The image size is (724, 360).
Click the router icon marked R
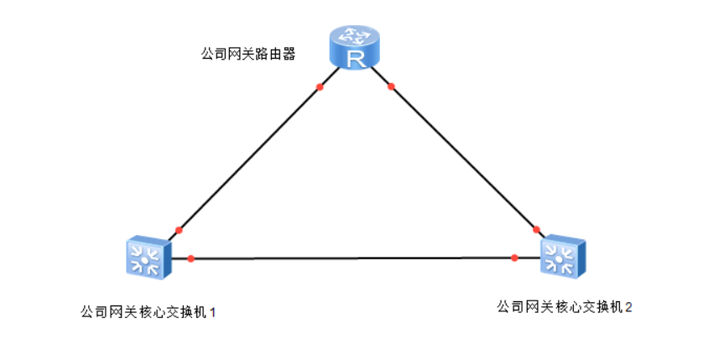(354, 47)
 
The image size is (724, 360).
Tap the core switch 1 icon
(147, 257)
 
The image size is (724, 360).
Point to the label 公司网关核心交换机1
(148, 311)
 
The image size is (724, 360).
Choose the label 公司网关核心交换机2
(565, 307)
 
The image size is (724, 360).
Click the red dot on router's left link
(320, 86)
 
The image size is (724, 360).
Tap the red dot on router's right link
(390, 86)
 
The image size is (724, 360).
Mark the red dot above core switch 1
(179, 230)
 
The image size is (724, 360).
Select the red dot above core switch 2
(536, 229)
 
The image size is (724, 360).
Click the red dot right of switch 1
(191, 258)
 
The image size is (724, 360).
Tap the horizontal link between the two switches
(352, 258)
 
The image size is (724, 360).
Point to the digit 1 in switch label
(212, 312)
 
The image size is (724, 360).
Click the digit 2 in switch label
(628, 308)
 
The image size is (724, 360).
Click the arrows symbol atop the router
(354, 34)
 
